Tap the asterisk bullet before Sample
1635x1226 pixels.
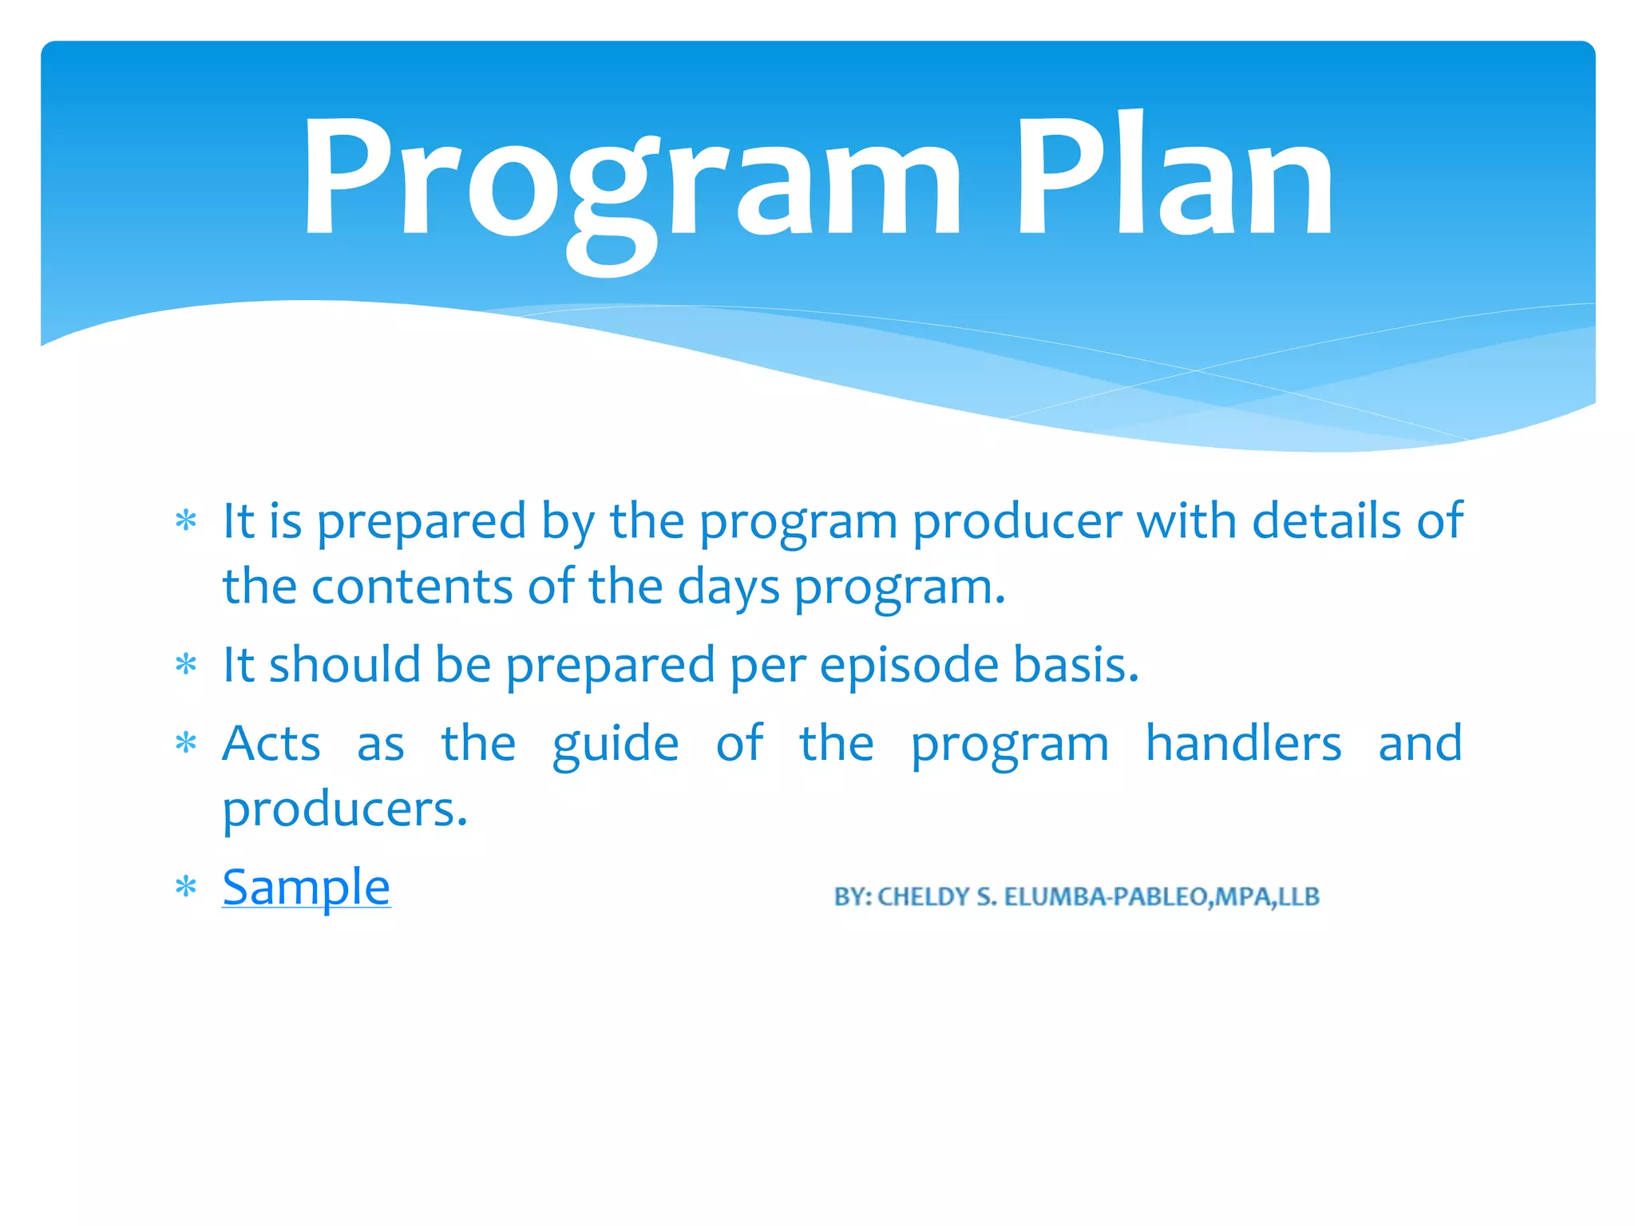pyautogui.click(x=186, y=888)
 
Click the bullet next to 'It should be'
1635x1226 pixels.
pyautogui.click(x=186, y=665)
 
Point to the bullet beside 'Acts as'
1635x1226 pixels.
pyautogui.click(x=186, y=744)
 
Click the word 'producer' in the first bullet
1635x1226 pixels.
pyautogui.click(x=1016, y=521)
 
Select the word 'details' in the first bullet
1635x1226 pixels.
pyautogui.click(x=1326, y=521)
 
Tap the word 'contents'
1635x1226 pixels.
pyautogui.click(x=411, y=587)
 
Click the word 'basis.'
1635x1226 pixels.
pyautogui.click(x=1075, y=665)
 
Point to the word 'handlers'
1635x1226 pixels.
pyautogui.click(x=1243, y=743)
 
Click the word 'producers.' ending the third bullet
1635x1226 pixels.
pyautogui.click(x=344, y=809)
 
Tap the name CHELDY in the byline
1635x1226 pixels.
pyautogui.click(x=923, y=897)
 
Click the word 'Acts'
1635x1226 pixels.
pyautogui.click(x=271, y=743)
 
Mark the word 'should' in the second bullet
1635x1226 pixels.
pyautogui.click(x=344, y=664)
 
